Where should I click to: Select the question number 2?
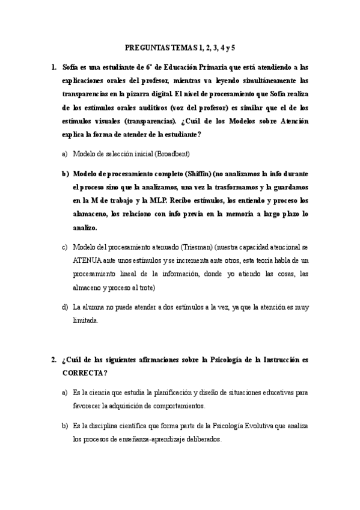coord(54,360)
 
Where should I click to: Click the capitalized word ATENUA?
coord(88,260)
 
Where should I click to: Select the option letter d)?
coord(64,307)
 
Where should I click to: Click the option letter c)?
coord(64,247)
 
